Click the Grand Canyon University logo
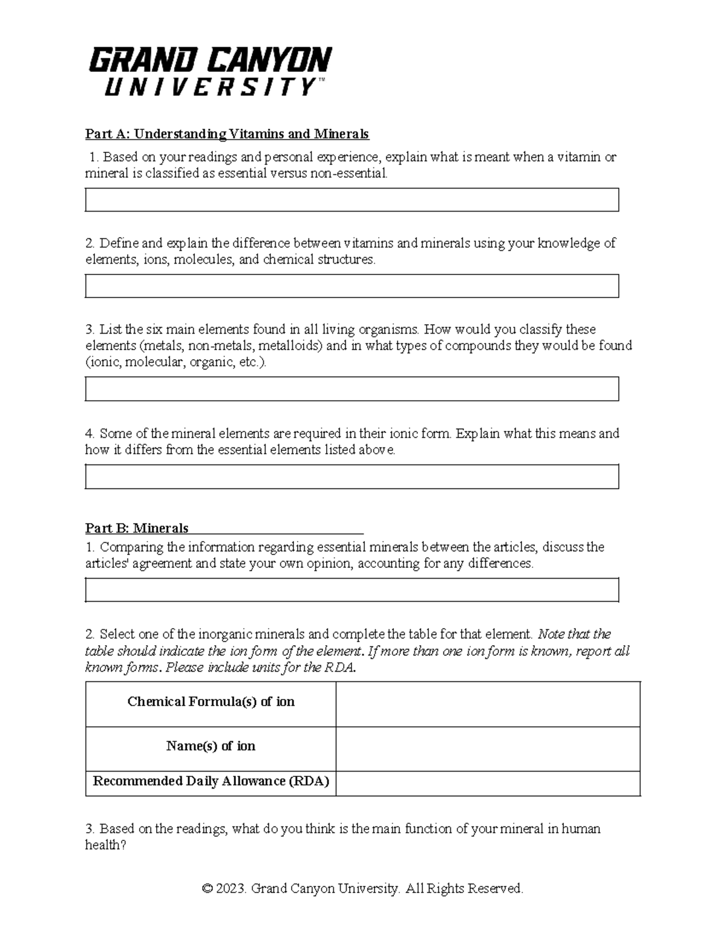210,71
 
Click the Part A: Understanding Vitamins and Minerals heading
227,134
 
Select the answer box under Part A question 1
352,200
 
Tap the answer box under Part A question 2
352,286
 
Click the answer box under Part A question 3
352,389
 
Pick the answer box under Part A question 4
352,476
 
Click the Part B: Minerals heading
137,528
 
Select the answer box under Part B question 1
352,590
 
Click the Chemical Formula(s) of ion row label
211,701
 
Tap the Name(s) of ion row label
211,746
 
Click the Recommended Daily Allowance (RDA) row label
211,781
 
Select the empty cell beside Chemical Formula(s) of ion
488,704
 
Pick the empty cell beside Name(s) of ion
488,749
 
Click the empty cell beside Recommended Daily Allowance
488,784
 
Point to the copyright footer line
362,888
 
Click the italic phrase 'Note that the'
574,634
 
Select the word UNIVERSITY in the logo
210,88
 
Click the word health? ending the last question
106,845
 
